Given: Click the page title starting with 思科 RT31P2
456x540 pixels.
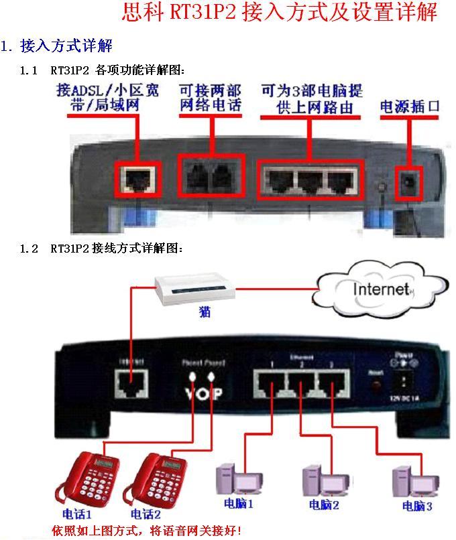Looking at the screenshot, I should click(x=280, y=13).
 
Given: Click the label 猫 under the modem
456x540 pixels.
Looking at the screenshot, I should click(x=205, y=313).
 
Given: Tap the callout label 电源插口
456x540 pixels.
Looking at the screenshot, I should click(x=409, y=107).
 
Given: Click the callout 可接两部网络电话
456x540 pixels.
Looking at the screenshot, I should click(x=210, y=98).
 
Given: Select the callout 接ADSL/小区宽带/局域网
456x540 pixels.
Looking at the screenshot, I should click(x=106, y=98).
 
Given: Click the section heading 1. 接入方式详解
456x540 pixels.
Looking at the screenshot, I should click(x=57, y=46).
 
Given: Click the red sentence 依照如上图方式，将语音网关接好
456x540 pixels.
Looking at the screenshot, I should click(x=146, y=531).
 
